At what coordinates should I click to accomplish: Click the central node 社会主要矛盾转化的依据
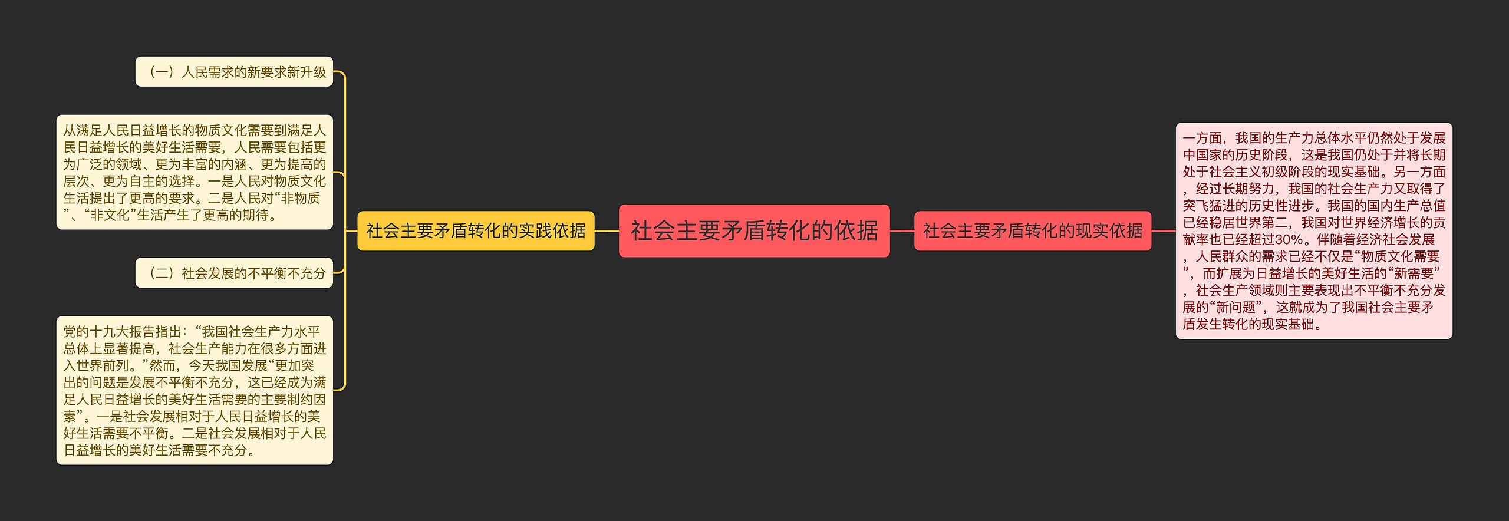point(754,231)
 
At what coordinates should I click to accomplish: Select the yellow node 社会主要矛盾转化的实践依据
point(476,231)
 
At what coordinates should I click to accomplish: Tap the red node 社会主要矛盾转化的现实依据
point(1032,231)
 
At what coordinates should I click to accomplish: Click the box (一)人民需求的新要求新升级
point(234,72)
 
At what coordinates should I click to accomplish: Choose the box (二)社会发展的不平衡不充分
point(234,273)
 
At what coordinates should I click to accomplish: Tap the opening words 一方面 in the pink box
point(1202,138)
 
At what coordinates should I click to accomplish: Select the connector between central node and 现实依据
point(902,231)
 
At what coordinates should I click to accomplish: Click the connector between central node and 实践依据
point(607,231)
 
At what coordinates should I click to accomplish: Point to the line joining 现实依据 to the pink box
point(1163,231)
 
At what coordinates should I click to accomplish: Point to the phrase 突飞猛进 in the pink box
point(1209,206)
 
